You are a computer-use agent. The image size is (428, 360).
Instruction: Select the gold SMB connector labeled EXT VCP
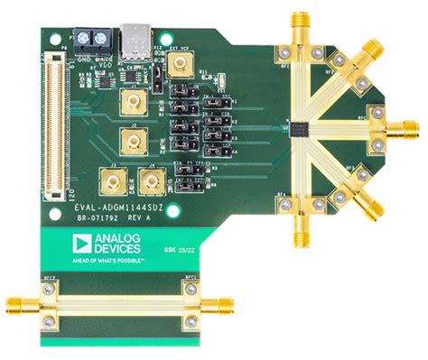point(182,62)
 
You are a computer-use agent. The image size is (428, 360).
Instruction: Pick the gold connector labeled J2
point(135,140)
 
